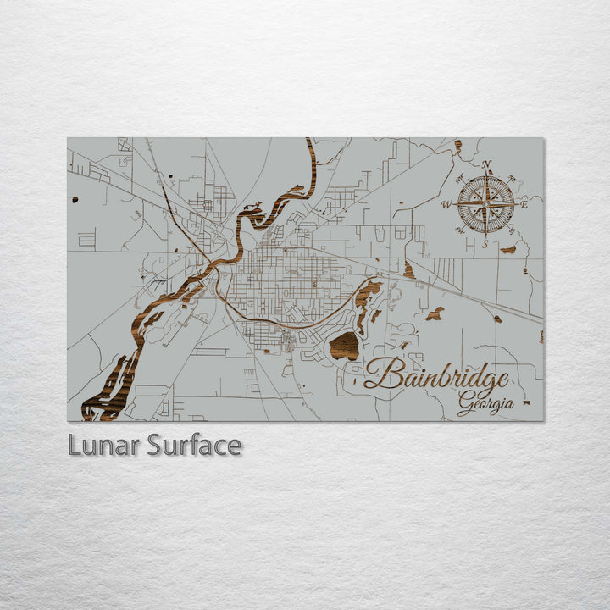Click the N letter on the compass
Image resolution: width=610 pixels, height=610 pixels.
click(x=486, y=164)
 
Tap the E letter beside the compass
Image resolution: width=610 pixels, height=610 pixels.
click(x=524, y=204)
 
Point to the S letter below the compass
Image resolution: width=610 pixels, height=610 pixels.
click(x=485, y=244)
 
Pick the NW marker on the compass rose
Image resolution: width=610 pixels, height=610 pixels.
click(x=460, y=178)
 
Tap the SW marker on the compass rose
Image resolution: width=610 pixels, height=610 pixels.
click(x=460, y=230)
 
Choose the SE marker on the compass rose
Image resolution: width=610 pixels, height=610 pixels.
click(x=512, y=230)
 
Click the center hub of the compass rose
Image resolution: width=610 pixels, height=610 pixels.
click(x=486, y=203)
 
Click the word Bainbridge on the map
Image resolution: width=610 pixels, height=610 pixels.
click(x=437, y=375)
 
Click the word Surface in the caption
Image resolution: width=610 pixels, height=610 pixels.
click(x=194, y=445)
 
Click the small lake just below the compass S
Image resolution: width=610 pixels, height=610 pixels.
click(x=508, y=249)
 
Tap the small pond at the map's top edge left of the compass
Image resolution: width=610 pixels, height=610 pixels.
click(x=457, y=146)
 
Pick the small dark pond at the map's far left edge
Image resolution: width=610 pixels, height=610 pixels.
click(x=75, y=200)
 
